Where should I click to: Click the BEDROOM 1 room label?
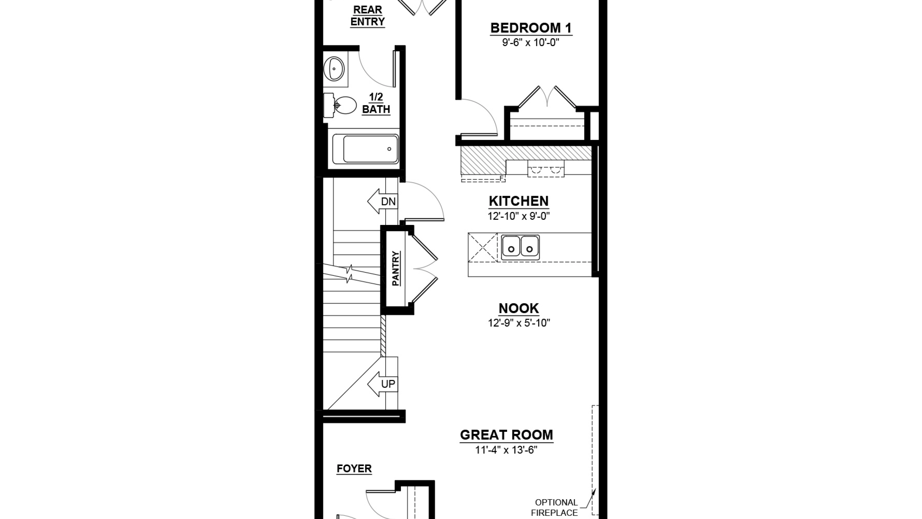coord(531,28)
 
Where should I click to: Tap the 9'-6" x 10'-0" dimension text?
coord(531,43)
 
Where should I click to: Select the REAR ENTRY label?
coord(367,16)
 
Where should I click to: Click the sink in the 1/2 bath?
coord(334,68)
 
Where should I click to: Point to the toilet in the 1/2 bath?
coord(340,105)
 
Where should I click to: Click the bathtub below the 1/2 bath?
coord(365,149)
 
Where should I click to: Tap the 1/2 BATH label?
coord(376,103)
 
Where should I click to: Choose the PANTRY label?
coord(395,269)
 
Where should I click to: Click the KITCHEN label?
coord(519,201)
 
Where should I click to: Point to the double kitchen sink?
coord(520,248)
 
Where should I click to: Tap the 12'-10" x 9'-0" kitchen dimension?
coord(519,216)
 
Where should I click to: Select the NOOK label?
coord(519,308)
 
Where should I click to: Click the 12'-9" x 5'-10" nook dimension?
coord(519,323)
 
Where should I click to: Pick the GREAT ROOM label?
coord(506,435)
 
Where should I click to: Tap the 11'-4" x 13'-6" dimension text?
coord(506,450)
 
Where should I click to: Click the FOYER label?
coord(354,469)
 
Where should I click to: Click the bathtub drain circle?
coord(389,149)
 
